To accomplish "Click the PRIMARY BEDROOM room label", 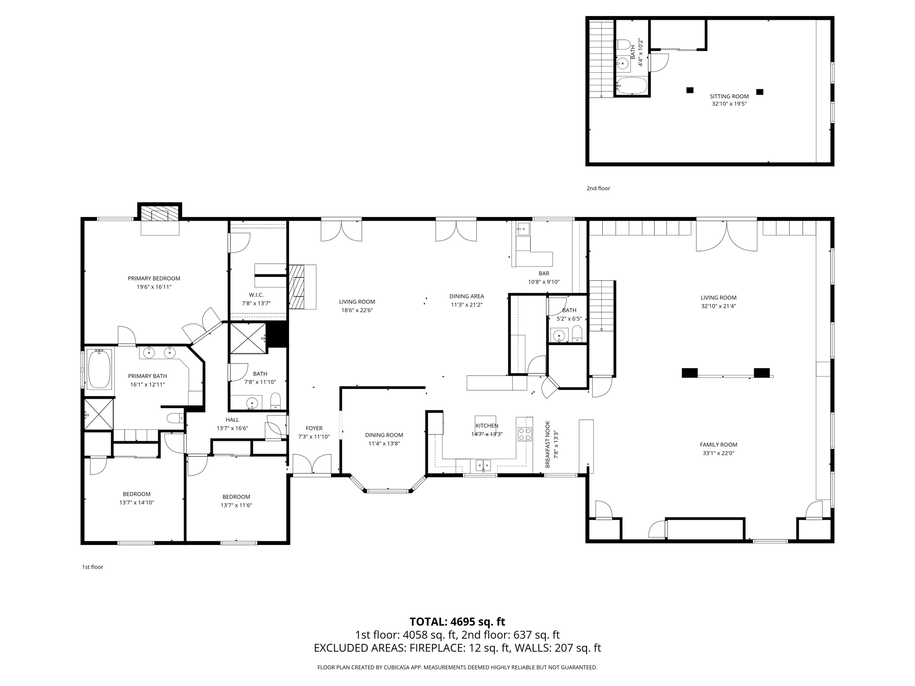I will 154,278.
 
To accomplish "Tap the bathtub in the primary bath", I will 99,369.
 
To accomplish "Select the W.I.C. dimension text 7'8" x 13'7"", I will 256,304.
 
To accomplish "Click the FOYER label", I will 314,428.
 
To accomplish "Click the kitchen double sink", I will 483,465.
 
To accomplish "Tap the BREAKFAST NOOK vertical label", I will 548,444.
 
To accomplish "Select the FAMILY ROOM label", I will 718,444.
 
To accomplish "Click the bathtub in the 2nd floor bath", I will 631,85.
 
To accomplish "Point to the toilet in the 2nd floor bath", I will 624,45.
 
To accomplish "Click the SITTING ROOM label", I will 729,96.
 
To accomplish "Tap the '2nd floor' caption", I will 598,188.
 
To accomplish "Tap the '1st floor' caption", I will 92,567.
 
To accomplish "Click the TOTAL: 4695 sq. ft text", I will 457,622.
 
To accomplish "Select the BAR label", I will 544,273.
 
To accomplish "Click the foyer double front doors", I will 312,465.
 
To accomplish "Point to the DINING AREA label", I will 466,296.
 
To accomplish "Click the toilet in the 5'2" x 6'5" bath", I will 577,333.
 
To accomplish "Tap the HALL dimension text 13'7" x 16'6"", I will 232,428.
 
